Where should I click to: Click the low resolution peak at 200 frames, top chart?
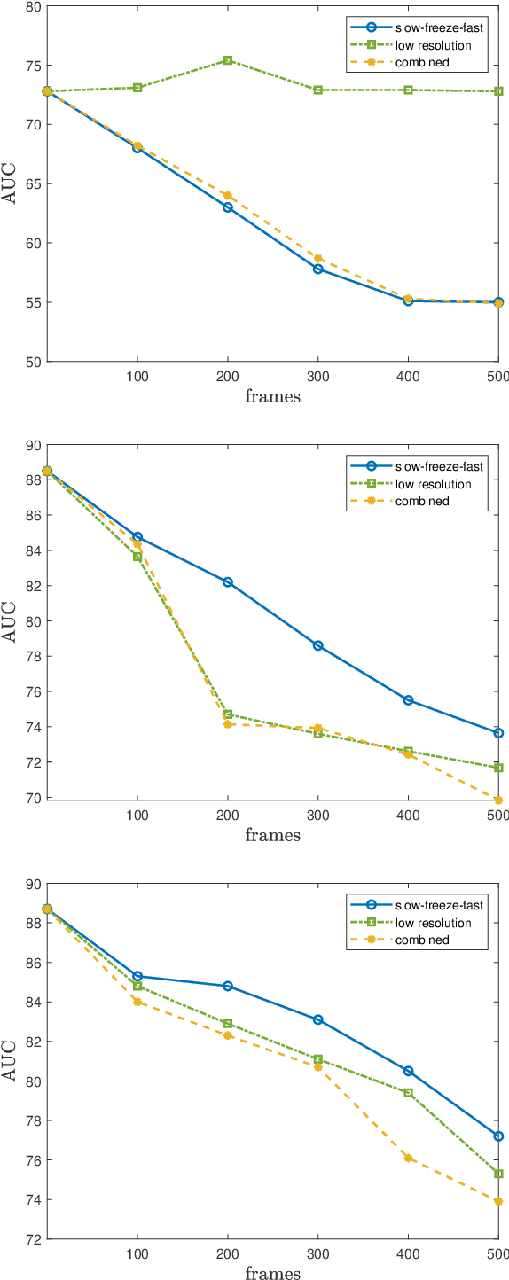click(x=228, y=60)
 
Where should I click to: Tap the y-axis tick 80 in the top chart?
click(x=33, y=6)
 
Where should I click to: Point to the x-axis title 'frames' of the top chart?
click(x=272, y=396)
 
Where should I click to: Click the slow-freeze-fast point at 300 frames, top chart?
click(x=318, y=269)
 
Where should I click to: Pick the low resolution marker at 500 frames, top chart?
click(x=498, y=91)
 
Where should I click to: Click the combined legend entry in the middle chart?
click(x=422, y=501)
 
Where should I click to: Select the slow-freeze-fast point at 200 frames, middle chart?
click(x=228, y=582)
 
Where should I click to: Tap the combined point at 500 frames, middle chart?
click(x=498, y=800)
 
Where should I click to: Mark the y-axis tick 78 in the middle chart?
click(x=33, y=657)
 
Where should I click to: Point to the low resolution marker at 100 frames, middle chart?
click(x=137, y=557)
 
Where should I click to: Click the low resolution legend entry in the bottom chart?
click(x=433, y=923)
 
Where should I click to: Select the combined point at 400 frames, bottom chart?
click(x=408, y=1158)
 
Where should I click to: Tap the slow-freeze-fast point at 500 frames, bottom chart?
click(x=498, y=1136)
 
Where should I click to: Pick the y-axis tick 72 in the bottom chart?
click(x=33, y=1239)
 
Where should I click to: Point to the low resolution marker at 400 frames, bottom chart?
click(x=408, y=1092)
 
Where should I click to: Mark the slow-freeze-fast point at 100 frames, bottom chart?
click(x=137, y=976)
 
